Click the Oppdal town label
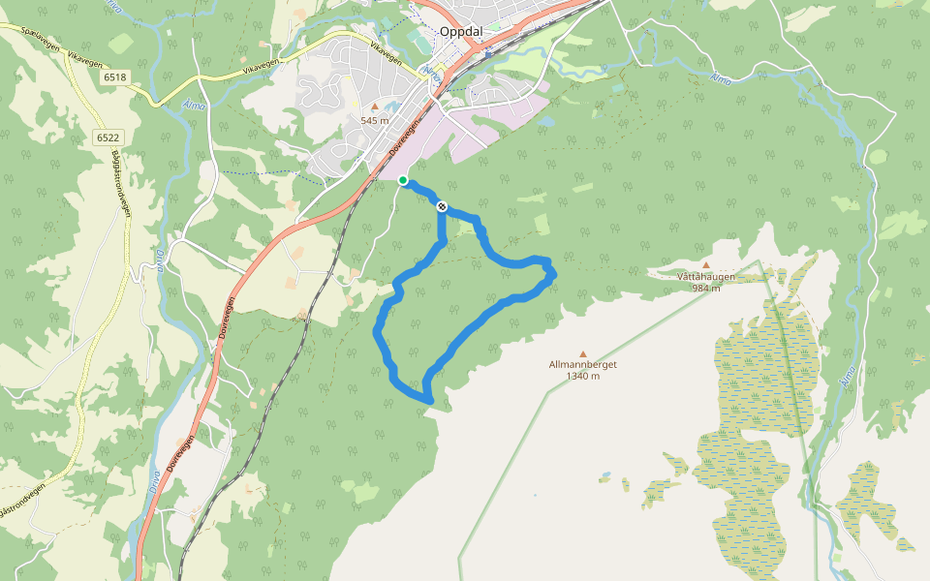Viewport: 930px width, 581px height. [460, 31]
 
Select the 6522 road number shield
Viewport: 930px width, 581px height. [107, 138]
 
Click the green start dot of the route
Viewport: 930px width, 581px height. [403, 180]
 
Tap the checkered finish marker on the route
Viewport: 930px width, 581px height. [441, 205]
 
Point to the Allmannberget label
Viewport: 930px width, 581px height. [582, 365]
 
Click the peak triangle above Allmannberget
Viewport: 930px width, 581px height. [582, 354]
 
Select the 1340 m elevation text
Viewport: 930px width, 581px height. [582, 377]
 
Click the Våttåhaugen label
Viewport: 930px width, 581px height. [705, 276]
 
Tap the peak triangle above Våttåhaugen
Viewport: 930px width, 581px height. [705, 265]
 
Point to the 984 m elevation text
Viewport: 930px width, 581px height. [705, 288]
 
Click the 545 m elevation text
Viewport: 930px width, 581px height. [374, 120]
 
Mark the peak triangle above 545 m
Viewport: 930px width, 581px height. [375, 107]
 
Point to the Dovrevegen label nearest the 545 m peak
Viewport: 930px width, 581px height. [406, 140]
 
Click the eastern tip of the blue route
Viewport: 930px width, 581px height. [553, 275]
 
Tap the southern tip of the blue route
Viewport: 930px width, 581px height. [427, 398]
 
